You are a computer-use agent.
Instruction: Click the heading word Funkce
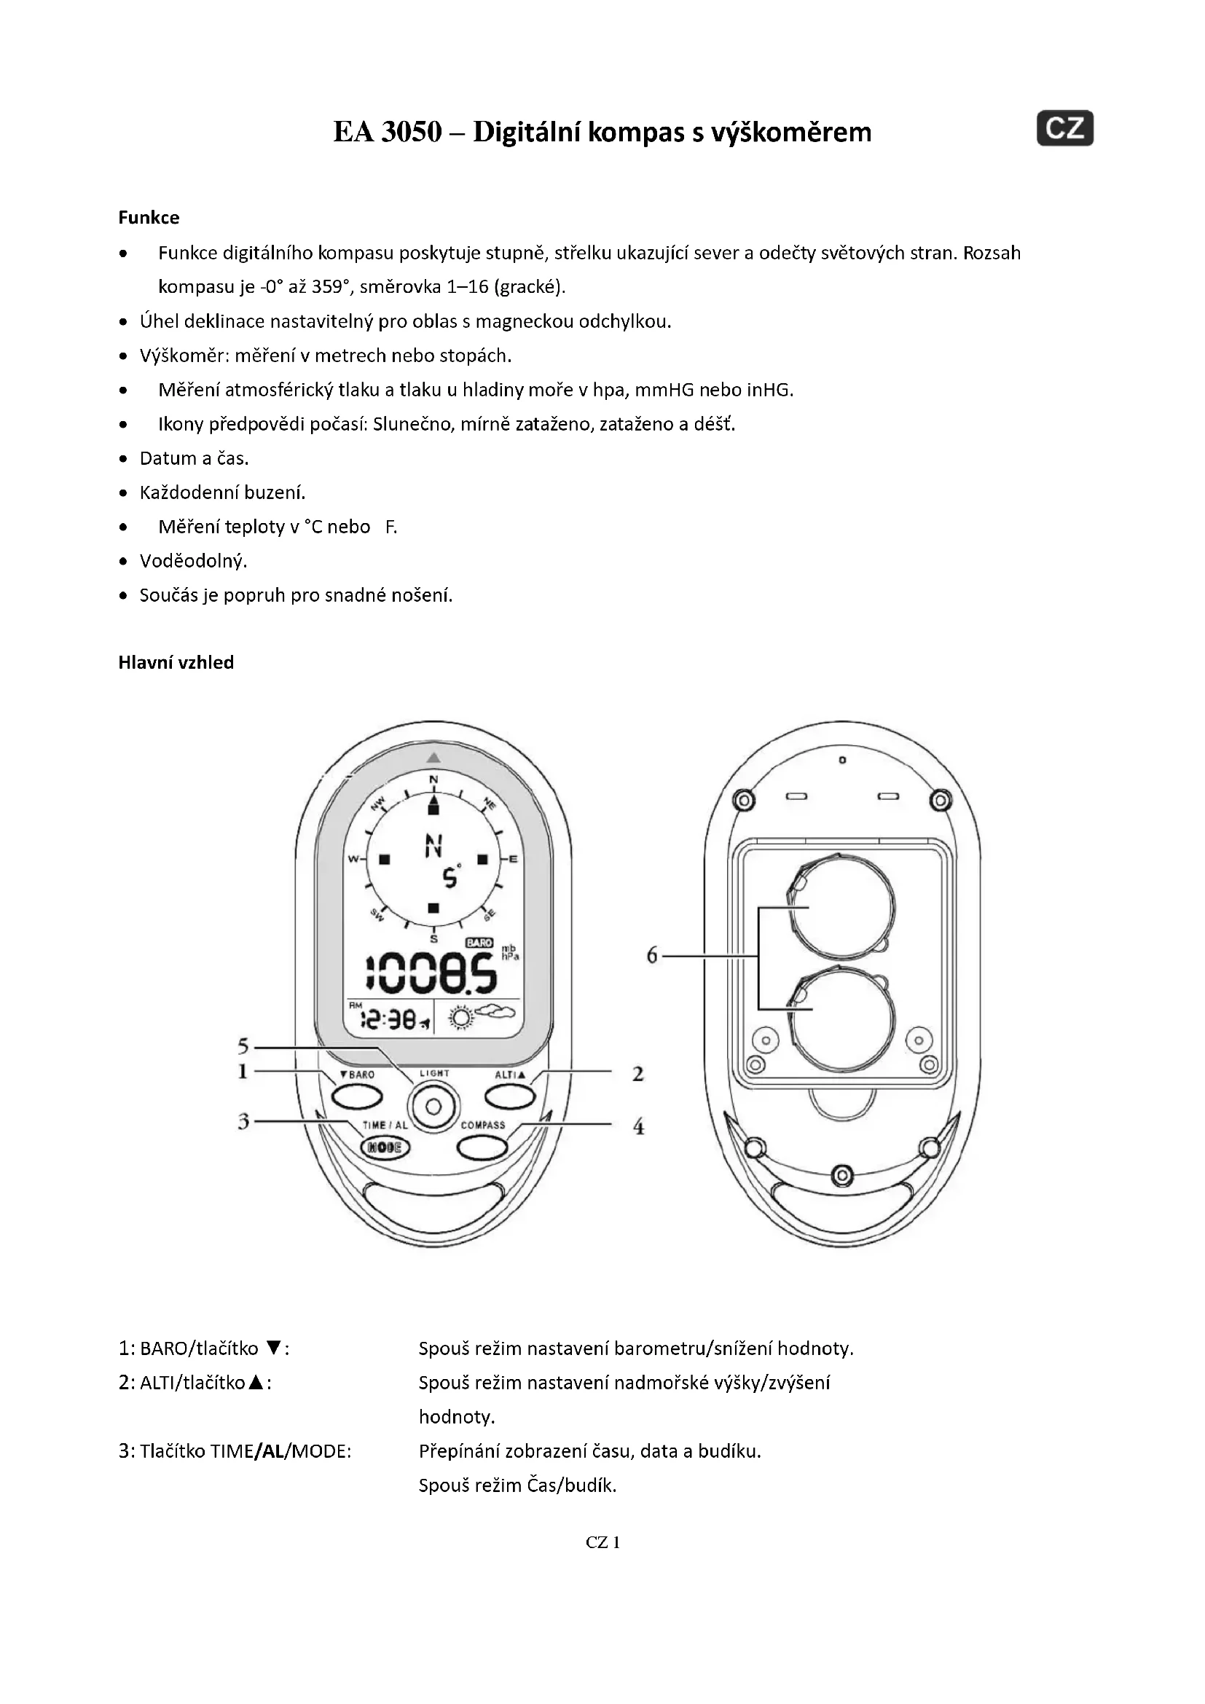pos(149,217)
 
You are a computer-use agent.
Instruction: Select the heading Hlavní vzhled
pos(176,662)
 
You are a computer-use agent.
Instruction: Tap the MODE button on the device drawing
pos(385,1147)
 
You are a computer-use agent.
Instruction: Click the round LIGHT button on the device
pos(433,1107)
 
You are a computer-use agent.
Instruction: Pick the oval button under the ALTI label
pos(510,1096)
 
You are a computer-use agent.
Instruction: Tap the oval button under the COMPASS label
pos(482,1147)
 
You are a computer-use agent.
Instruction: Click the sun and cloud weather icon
pos(476,1016)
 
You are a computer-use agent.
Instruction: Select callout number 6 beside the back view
pos(651,955)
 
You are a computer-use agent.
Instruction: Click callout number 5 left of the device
pos(243,1046)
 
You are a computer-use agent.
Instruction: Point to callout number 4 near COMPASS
pos(638,1126)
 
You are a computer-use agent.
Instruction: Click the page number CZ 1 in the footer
pos(602,1542)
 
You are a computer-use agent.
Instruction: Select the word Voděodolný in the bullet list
pos(193,561)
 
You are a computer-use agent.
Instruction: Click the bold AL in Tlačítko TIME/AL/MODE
pos(273,1451)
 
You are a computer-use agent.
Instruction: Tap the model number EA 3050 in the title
pos(388,132)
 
